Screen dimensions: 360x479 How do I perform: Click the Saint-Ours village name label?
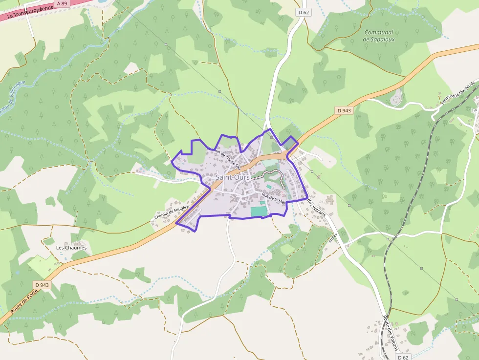pyautogui.click(x=233, y=177)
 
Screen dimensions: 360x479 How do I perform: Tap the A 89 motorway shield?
pyautogui.click(x=62, y=3)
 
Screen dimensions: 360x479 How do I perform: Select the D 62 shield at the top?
pyautogui.click(x=303, y=12)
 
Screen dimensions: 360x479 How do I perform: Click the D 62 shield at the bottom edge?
pyautogui.click(x=403, y=357)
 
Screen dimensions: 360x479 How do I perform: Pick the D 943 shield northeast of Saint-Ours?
pyautogui.click(x=344, y=110)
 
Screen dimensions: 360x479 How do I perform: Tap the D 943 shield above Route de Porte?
pyautogui.click(x=43, y=285)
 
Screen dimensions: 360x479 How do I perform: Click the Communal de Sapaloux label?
pyautogui.click(x=379, y=36)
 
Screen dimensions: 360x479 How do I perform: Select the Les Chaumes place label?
pyautogui.click(x=71, y=248)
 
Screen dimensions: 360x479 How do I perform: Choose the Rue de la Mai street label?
pyautogui.click(x=273, y=197)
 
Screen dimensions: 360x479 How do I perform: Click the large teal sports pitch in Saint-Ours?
pyautogui.click(x=260, y=211)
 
